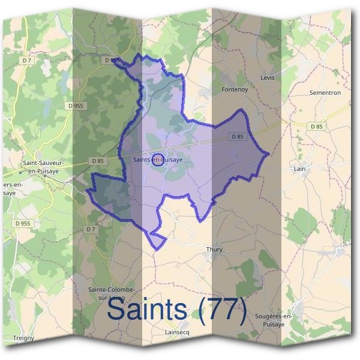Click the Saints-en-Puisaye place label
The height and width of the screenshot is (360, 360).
pyautogui.click(x=158, y=160)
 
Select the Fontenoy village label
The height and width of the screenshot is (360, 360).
pyautogui.click(x=235, y=89)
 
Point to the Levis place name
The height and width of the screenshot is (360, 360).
pyautogui.click(x=268, y=78)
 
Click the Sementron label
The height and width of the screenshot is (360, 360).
pyautogui.click(x=325, y=93)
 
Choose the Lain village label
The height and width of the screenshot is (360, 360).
pyautogui.click(x=300, y=169)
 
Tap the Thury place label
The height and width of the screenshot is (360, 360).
pyautogui.click(x=214, y=250)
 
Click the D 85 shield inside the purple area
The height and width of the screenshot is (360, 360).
pyautogui.click(x=238, y=137)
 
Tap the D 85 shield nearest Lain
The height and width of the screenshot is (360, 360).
pyautogui.click(x=316, y=126)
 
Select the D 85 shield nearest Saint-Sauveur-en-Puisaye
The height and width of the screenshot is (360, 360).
pyautogui.click(x=98, y=161)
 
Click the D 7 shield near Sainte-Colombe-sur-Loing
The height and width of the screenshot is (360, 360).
pyautogui.click(x=91, y=229)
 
